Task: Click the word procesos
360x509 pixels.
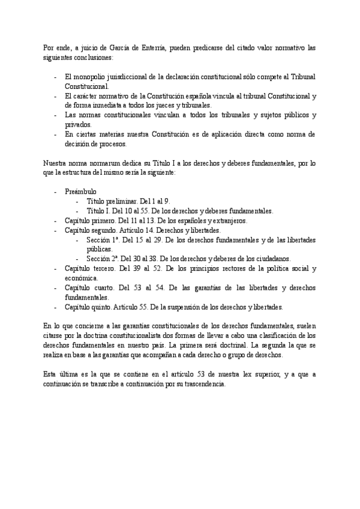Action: [130, 144]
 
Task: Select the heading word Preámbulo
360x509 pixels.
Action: [80, 191]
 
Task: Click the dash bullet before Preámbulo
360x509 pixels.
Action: [56, 191]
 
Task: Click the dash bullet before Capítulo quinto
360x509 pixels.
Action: [56, 307]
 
